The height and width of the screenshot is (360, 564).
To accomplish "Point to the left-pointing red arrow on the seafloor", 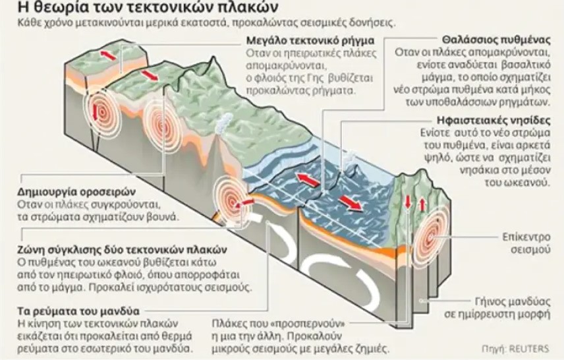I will click(307, 179).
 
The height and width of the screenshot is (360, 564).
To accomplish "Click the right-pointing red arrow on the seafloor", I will click(351, 202).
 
